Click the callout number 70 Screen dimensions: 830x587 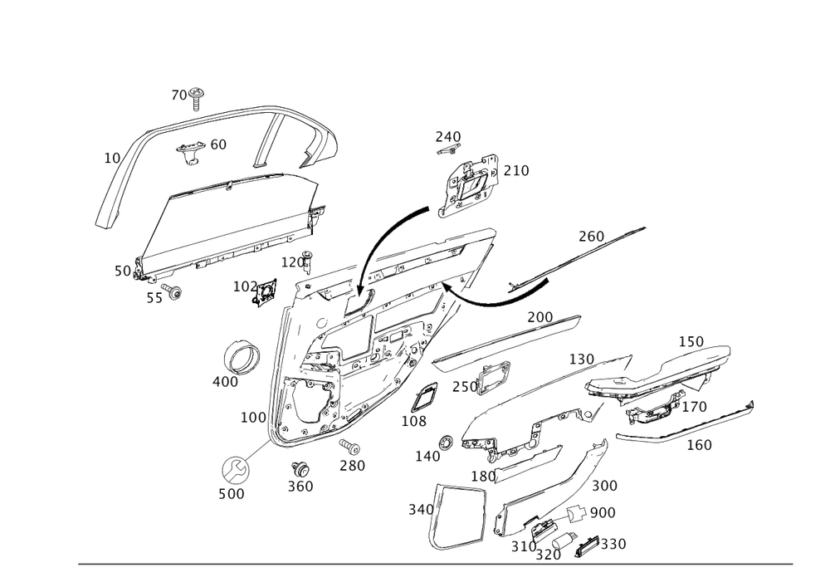tap(180, 95)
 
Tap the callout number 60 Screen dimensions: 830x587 tap(217, 144)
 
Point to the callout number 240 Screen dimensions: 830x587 tap(448, 136)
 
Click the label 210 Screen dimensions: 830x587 tap(515, 171)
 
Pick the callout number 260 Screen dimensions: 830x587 tap(590, 237)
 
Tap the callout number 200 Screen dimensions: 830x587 tap(541, 318)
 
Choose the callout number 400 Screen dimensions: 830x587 tap(224, 382)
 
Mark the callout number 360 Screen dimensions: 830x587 tap(300, 486)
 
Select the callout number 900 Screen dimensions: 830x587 tap(601, 513)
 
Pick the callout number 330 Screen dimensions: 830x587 tap(612, 544)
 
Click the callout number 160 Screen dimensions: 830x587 tap(698, 445)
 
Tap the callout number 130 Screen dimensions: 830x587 tap(581, 359)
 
